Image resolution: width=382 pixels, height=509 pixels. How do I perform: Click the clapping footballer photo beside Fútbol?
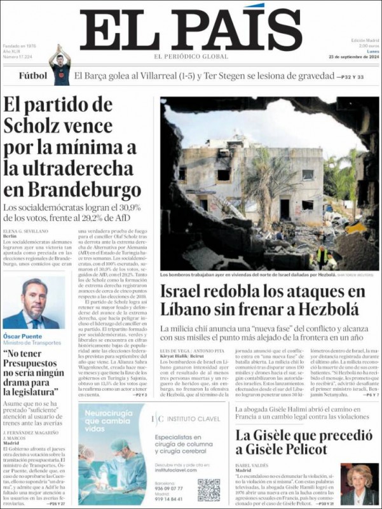coord(60,65)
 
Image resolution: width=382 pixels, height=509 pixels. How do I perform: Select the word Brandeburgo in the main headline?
coord(72,190)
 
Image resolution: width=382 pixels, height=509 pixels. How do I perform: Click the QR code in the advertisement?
coord(208,489)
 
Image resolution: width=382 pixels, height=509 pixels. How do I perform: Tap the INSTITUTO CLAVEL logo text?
coord(191,419)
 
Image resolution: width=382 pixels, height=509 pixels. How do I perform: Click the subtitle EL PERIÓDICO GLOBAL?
coord(191,57)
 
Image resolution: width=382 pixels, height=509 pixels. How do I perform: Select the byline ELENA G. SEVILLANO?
coord(25,230)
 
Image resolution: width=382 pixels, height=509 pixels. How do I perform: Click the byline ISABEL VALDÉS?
coord(253,464)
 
